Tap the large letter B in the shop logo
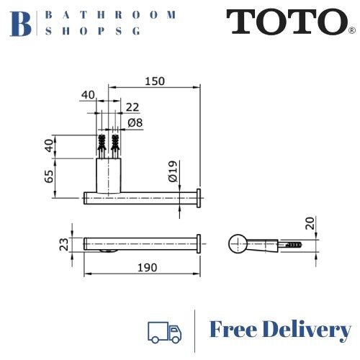coord(22,23)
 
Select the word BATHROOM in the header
coord(110,14)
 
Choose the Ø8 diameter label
coord(135,122)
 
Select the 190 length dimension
coord(147,267)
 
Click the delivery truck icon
coord(163,330)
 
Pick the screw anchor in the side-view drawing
coord(293,244)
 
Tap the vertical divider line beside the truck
coord(194,330)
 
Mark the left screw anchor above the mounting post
coord(102,147)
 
